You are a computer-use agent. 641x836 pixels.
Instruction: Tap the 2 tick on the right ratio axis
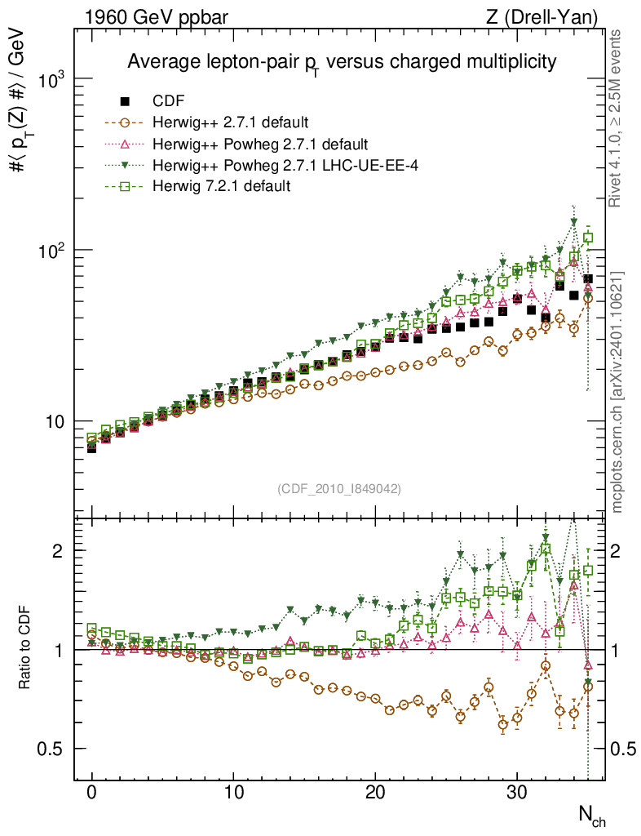tap(617, 551)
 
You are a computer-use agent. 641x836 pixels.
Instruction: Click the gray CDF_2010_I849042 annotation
tap(339, 488)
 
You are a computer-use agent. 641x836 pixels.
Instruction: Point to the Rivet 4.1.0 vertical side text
tap(617, 118)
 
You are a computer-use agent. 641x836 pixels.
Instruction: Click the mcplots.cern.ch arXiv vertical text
tap(617, 392)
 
